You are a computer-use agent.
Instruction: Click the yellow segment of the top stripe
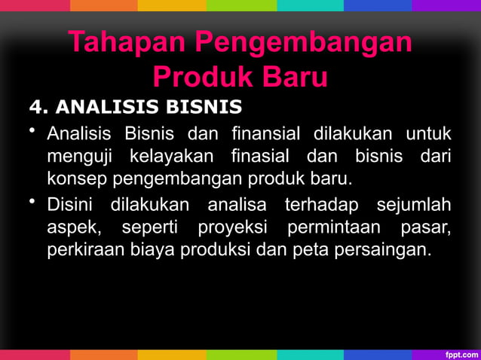coord(171,5)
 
